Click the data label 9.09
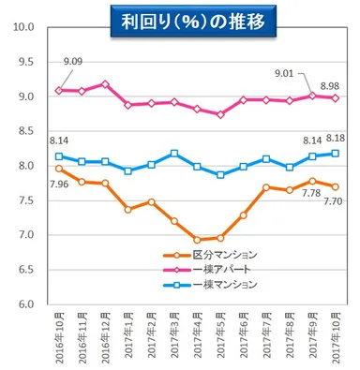click(x=73, y=63)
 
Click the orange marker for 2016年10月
click(x=60, y=169)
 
